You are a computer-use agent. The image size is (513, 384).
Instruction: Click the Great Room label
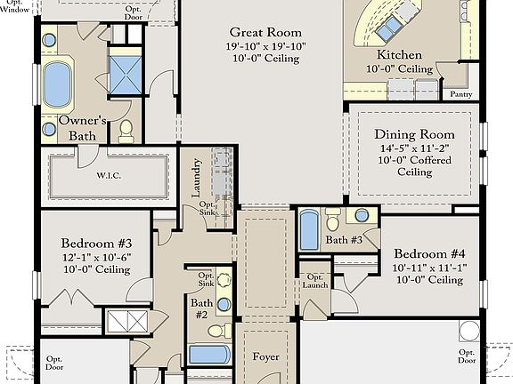(x=265, y=32)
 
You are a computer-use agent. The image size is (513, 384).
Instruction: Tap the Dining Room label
(x=414, y=134)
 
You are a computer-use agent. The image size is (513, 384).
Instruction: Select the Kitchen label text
(x=399, y=54)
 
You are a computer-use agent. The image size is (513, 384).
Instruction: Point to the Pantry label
(x=461, y=94)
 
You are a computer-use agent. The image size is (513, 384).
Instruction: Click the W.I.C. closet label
(x=109, y=175)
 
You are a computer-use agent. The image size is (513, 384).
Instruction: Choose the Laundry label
(x=196, y=178)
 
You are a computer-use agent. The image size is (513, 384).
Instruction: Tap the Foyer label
(x=265, y=357)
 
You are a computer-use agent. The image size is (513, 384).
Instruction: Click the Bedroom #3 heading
(x=96, y=244)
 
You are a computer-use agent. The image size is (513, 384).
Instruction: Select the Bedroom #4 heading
(x=429, y=253)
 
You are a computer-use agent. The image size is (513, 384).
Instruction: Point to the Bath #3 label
(x=344, y=240)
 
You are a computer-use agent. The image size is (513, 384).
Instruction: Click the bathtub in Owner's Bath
(x=57, y=84)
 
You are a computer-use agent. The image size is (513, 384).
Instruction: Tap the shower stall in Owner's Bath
(x=126, y=75)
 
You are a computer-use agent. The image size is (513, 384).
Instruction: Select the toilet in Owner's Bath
(x=126, y=132)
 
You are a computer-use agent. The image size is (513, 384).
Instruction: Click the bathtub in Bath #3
(x=309, y=230)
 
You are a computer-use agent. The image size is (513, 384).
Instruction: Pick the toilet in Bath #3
(x=333, y=219)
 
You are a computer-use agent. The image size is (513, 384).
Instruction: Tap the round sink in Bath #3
(x=362, y=215)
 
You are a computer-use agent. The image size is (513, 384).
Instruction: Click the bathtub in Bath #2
(x=210, y=355)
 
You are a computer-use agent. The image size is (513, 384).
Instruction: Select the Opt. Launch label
(x=314, y=281)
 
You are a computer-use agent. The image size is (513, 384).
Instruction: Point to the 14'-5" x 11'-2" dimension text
(x=414, y=148)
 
